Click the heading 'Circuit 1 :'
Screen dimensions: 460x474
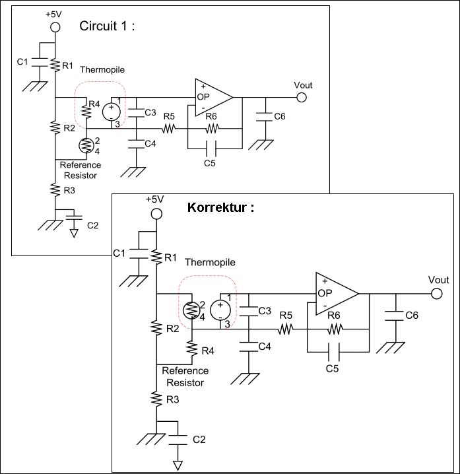tap(107, 26)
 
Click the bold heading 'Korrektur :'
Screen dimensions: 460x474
tap(220, 208)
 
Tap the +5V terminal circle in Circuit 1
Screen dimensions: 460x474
tap(55, 27)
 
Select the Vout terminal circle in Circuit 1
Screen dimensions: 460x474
tap(302, 97)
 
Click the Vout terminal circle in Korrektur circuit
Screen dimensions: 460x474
tap(436, 294)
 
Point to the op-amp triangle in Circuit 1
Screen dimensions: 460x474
tap(214, 97)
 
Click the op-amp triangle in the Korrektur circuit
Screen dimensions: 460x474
tap(337, 294)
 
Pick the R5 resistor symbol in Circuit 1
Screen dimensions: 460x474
tap(168, 129)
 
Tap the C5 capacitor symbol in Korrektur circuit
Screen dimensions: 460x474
tap(334, 352)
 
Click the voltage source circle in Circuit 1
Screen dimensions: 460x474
tap(112, 112)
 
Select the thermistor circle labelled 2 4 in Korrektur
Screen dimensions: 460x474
tap(191, 310)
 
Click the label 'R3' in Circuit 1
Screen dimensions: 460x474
tap(69, 190)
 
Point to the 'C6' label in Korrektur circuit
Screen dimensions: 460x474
tap(412, 316)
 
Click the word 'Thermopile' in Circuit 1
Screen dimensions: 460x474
tap(102, 69)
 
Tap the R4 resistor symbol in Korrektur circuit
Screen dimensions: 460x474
tap(192, 349)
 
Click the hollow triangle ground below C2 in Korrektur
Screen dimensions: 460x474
tap(178, 465)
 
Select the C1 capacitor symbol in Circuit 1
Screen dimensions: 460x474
tap(40, 61)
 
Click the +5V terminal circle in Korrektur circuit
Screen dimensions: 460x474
tap(156, 214)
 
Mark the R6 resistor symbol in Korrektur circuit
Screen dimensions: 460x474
tap(335, 329)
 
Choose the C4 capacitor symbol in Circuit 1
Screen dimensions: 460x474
tap(136, 144)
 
